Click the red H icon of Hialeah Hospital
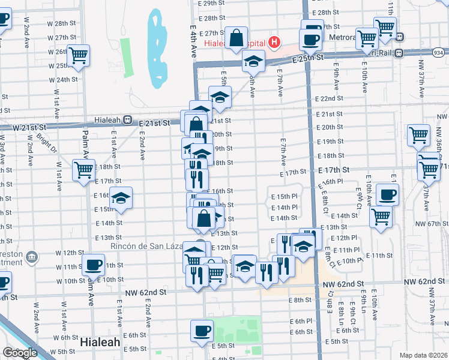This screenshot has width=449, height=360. click(274, 42)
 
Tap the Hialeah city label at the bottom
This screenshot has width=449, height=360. click(100, 342)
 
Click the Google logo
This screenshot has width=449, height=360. click(20, 353)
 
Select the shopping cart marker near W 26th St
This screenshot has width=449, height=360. click(79, 55)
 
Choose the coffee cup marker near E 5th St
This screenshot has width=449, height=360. click(202, 330)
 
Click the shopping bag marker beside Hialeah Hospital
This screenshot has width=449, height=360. click(237, 37)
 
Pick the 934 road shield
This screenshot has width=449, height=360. click(439, 53)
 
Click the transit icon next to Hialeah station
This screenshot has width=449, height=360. click(127, 119)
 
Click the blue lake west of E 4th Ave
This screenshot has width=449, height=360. click(158, 48)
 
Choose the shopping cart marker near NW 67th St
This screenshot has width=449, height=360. click(381, 217)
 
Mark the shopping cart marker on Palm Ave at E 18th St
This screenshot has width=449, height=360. click(83, 170)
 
